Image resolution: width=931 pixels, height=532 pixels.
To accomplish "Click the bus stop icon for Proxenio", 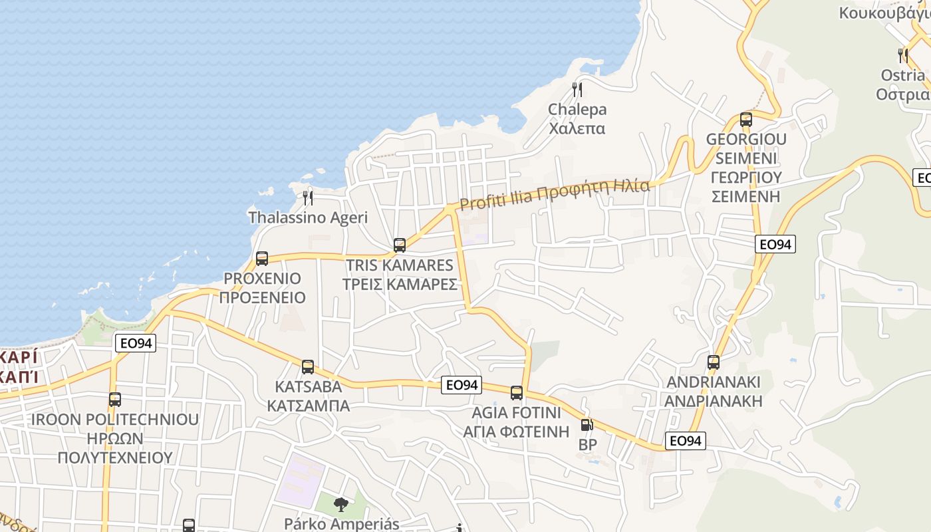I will [x=262, y=259].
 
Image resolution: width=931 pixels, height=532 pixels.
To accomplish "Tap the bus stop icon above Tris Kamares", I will [x=400, y=245].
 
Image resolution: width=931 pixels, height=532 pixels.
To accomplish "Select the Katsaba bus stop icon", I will [x=308, y=367].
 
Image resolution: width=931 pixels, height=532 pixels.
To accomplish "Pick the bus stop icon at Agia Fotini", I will [x=517, y=393].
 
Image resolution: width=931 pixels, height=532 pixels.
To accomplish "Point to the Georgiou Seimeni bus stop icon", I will [x=746, y=120].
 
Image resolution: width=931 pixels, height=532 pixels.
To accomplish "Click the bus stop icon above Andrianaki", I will [x=714, y=362].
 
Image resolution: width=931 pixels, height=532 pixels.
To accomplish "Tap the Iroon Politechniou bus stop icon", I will [x=115, y=400].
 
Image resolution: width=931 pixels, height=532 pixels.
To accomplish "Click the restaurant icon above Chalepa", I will [x=577, y=89].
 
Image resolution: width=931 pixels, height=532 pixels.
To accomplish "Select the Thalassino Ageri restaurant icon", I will [x=308, y=198].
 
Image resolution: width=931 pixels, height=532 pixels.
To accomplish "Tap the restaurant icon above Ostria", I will [x=902, y=55].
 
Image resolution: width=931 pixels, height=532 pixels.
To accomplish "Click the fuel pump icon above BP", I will [x=587, y=424].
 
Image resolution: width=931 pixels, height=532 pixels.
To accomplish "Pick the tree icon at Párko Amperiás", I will [x=341, y=505].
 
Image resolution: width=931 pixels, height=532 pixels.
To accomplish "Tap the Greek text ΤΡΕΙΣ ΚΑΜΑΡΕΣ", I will [x=400, y=284].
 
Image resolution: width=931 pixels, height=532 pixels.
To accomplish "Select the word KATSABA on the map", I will [x=309, y=386].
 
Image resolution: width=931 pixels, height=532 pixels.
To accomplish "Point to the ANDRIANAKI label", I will [x=714, y=382].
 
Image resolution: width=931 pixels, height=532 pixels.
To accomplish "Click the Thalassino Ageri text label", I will [x=308, y=217].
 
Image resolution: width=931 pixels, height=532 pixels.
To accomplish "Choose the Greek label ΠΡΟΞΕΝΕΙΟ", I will [x=263, y=297].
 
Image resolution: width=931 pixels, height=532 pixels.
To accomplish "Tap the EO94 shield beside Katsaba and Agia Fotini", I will [x=462, y=385].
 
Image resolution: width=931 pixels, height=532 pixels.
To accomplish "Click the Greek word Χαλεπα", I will [x=577, y=128].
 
